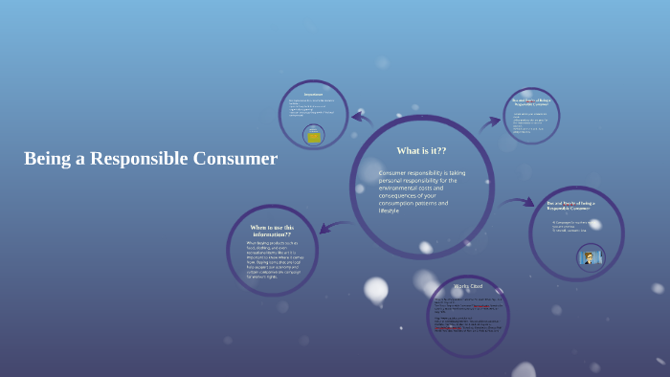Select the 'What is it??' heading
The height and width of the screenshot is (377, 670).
[421, 151]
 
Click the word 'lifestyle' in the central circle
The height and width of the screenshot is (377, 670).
[389, 211]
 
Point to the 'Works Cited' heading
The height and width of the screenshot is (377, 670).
[468, 286]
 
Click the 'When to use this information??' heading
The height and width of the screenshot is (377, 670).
[272, 231]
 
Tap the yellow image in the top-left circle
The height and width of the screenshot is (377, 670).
[313, 136]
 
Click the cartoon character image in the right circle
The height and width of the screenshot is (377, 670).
[591, 256]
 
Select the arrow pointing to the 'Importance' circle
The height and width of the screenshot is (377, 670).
[361, 118]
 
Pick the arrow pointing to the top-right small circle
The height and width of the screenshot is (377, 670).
[490, 122]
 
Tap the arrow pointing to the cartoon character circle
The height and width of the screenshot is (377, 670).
[517, 202]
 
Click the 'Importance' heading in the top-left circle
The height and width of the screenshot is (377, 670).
[313, 94]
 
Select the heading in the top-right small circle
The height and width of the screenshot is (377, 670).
[531, 101]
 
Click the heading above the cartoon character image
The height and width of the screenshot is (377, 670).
[570, 206]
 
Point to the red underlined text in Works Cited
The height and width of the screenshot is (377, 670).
[481, 306]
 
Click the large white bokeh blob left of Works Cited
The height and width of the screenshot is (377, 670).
[376, 288]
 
